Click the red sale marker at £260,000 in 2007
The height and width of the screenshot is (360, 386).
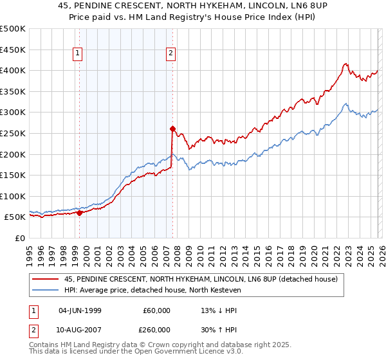[x=172, y=129]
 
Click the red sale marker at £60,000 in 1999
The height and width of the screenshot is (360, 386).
[x=80, y=213]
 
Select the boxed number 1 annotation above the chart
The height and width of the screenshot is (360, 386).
[x=77, y=54]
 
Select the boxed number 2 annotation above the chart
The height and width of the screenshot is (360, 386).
[x=171, y=54]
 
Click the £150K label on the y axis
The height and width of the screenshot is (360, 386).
[x=13, y=175]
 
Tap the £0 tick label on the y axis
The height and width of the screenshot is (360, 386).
[x=19, y=238]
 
